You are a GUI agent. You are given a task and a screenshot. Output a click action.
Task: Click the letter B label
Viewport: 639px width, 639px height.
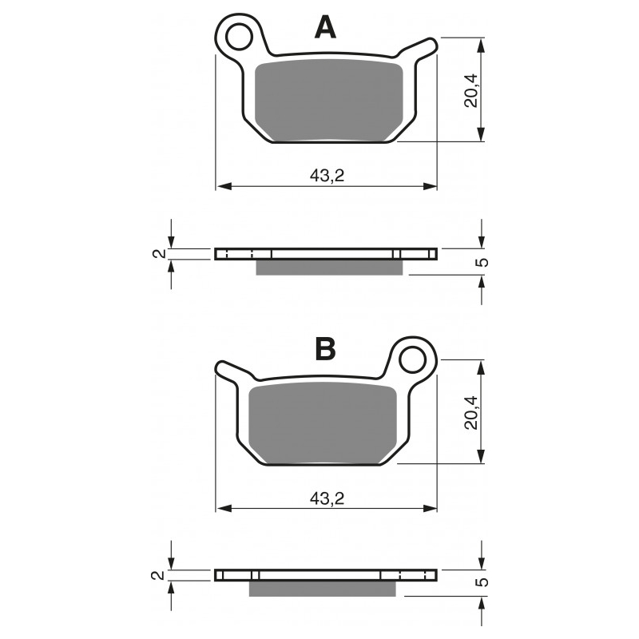click(x=325, y=349)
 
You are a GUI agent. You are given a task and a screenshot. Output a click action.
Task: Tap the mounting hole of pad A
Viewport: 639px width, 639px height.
click(x=239, y=37)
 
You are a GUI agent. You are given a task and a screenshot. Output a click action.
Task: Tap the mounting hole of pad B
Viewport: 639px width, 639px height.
click(x=413, y=359)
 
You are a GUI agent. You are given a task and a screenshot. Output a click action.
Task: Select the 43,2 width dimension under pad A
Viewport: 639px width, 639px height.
click(x=327, y=176)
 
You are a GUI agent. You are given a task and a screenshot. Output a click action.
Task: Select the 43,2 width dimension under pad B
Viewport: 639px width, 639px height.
click(x=327, y=498)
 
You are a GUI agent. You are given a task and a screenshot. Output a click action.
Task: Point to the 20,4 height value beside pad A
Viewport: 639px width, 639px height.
click(x=471, y=90)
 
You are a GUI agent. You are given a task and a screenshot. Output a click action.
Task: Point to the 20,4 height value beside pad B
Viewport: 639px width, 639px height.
click(x=471, y=412)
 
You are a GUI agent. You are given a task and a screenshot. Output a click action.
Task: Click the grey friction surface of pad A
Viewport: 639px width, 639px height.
click(x=328, y=101)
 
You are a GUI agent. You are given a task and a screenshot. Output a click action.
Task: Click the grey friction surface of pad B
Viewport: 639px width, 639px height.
click(x=323, y=423)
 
